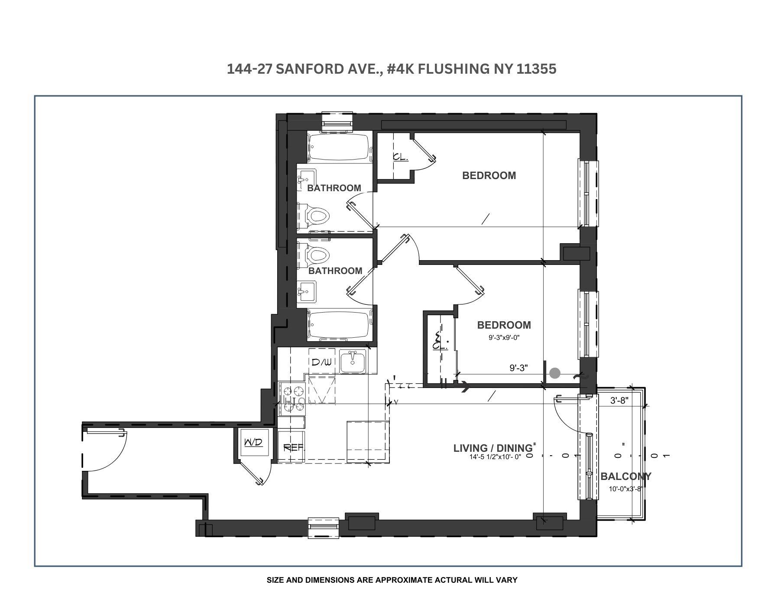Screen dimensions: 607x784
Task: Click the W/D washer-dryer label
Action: pos(253,443)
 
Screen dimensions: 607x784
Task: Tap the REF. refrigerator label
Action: pos(293,448)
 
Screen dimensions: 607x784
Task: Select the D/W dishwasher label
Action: pos(321,362)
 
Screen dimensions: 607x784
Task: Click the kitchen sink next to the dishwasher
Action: pos(353,361)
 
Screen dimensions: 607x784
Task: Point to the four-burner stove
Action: pos(292,398)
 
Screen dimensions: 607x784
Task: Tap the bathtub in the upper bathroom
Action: pos(338,147)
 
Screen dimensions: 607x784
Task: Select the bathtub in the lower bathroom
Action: pos(338,325)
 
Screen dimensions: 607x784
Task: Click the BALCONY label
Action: pos(625,476)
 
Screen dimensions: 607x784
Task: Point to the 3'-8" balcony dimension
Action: pos(619,401)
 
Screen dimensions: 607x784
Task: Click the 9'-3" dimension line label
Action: pos(518,368)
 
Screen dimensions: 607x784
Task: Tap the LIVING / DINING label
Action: pos(492,448)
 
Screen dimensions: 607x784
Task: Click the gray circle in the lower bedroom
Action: pos(555,373)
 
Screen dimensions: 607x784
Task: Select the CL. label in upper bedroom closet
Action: pos(400,157)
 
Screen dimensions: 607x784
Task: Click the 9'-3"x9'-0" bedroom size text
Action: pos(504,337)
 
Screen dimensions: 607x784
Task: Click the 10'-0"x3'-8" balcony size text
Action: pos(625,489)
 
